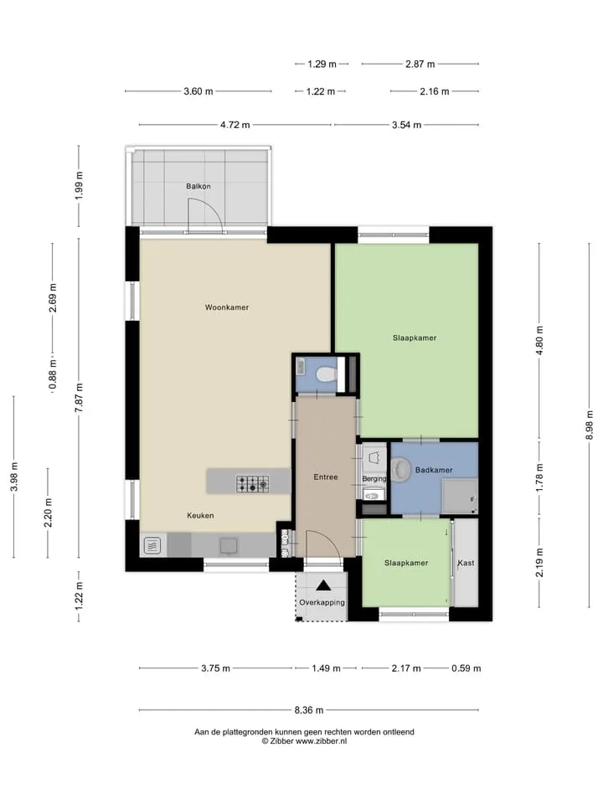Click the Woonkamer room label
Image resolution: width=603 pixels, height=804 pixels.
227,307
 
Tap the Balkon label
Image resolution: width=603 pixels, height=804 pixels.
198,186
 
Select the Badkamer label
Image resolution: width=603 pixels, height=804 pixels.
434,470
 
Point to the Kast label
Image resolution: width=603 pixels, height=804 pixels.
466,563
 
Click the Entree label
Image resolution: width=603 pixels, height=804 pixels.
326,477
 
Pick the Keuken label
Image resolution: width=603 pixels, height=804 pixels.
200,515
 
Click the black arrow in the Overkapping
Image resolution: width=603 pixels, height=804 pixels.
323,585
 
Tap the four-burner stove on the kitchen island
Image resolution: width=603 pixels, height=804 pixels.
252,483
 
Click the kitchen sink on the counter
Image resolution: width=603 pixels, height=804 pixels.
229,545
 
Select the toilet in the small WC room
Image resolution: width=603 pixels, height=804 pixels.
326,374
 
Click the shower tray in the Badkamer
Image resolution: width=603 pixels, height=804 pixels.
460,496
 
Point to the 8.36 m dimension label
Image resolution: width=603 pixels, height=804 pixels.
309,710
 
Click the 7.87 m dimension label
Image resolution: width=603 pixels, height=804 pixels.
79,398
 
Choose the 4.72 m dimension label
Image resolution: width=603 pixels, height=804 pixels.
235,125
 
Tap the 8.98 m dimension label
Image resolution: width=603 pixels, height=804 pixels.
589,425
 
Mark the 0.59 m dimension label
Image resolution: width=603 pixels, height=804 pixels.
466,668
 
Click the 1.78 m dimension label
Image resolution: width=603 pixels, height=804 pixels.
539,477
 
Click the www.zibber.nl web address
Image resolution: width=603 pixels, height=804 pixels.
321,741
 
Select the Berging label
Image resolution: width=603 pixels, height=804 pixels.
374,478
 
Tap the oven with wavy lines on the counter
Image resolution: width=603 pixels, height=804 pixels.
152,546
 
